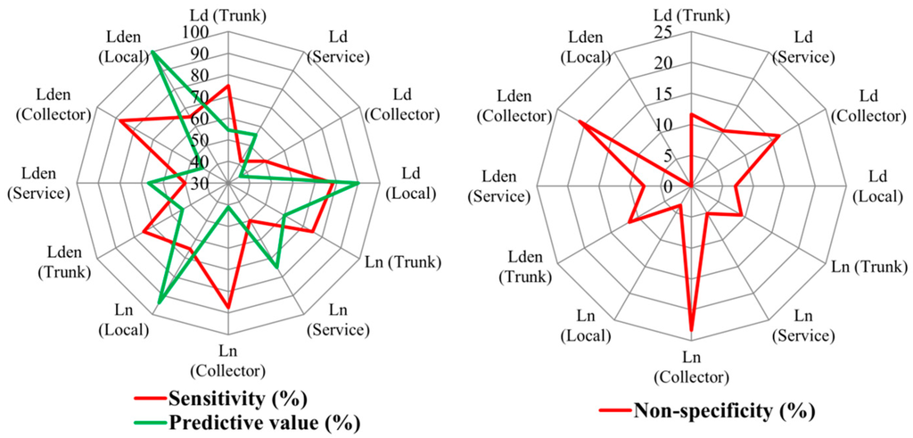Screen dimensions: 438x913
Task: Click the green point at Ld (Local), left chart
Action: click(358, 183)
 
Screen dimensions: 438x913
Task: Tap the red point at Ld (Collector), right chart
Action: click(779, 136)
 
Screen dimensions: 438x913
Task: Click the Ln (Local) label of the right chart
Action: click(588, 326)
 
